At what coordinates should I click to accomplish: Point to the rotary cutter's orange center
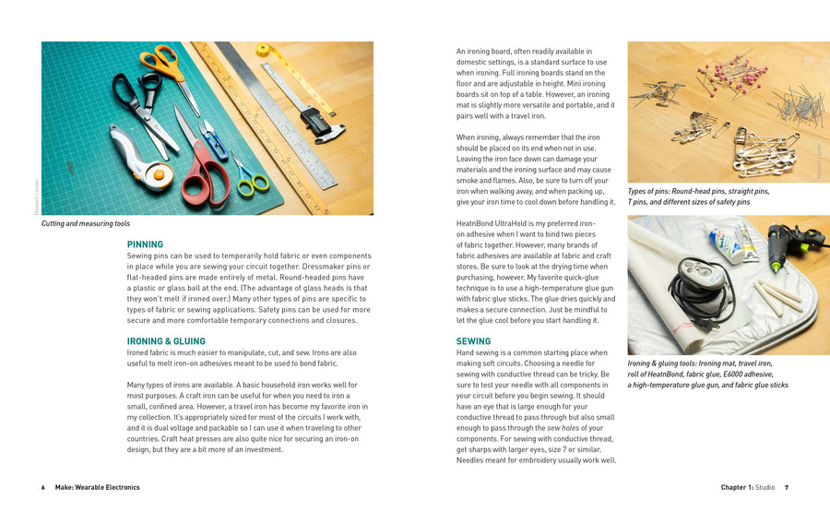click(161, 173)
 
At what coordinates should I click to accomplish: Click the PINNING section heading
click(145, 244)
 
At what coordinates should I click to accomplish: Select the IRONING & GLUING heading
click(166, 341)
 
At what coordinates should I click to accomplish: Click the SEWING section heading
click(474, 341)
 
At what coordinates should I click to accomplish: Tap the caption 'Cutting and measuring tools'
click(86, 224)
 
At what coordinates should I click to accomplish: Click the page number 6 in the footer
click(42, 487)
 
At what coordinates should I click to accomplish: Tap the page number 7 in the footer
click(786, 487)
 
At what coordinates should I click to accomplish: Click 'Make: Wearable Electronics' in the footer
click(98, 487)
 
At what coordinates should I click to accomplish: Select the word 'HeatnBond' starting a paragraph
click(475, 224)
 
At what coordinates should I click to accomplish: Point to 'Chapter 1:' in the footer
click(737, 487)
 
